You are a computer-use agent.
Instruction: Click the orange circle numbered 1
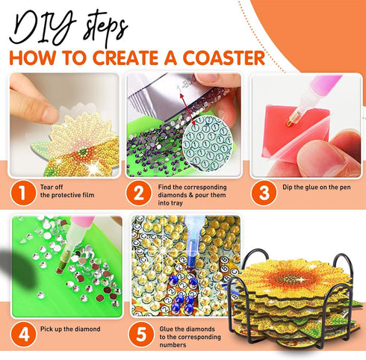point(23,193)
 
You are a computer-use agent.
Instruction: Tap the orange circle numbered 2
point(139,193)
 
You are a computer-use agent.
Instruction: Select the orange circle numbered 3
point(264,193)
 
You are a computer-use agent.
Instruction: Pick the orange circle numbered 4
point(24,335)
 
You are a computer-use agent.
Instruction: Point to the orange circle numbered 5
point(141,335)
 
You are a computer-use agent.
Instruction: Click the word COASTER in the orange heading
point(224,58)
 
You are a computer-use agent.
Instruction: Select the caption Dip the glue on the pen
point(317,187)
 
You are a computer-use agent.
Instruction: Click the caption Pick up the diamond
point(70,329)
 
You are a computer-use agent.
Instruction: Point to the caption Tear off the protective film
point(67,191)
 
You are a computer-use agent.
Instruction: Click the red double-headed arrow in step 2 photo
point(187,107)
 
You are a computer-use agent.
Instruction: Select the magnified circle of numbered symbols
point(207,143)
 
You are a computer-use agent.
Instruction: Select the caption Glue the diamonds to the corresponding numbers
point(190,337)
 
